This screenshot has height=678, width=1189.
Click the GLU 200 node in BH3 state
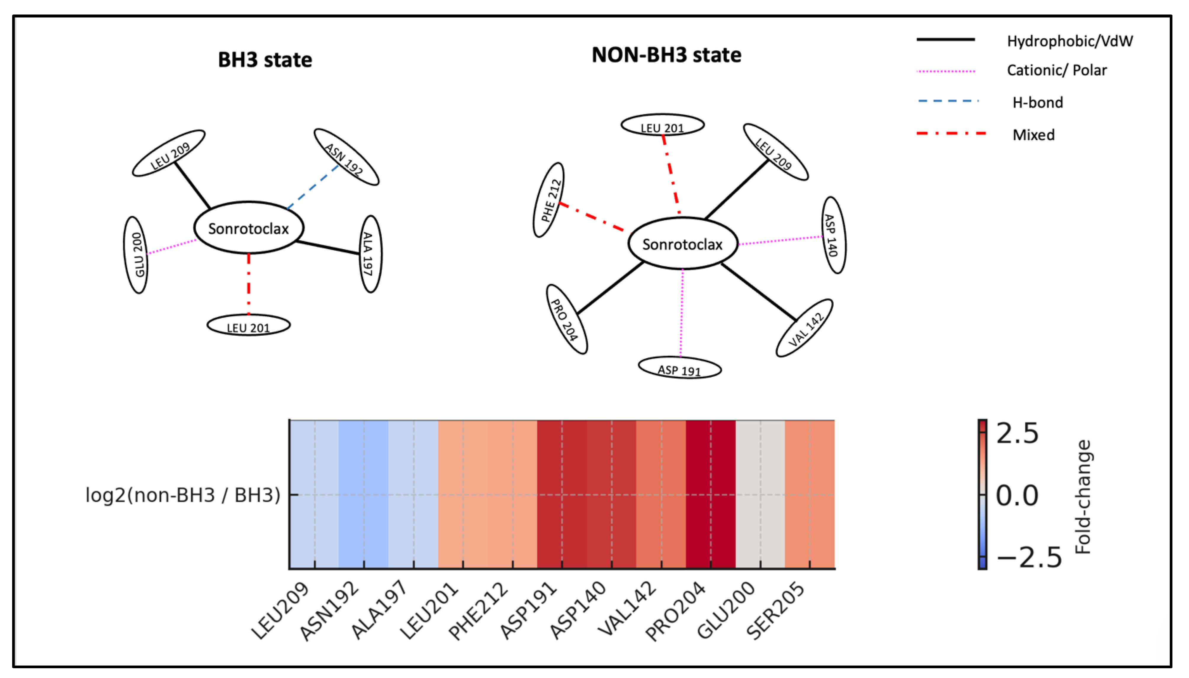click(136, 255)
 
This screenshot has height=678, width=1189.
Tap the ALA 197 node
click(370, 254)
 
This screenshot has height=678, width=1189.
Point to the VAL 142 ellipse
click(804, 328)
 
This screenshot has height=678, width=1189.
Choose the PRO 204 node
click(566, 319)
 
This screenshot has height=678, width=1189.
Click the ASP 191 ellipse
click(679, 368)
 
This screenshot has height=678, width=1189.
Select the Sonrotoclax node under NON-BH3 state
click(683, 243)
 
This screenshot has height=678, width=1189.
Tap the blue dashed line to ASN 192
click(313, 186)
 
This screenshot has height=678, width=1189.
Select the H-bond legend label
click(1037, 102)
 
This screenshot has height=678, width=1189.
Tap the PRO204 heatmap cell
click(710, 493)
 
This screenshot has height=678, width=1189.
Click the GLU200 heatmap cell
click(760, 493)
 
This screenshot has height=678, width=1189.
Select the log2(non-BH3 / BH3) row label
click(183, 495)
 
